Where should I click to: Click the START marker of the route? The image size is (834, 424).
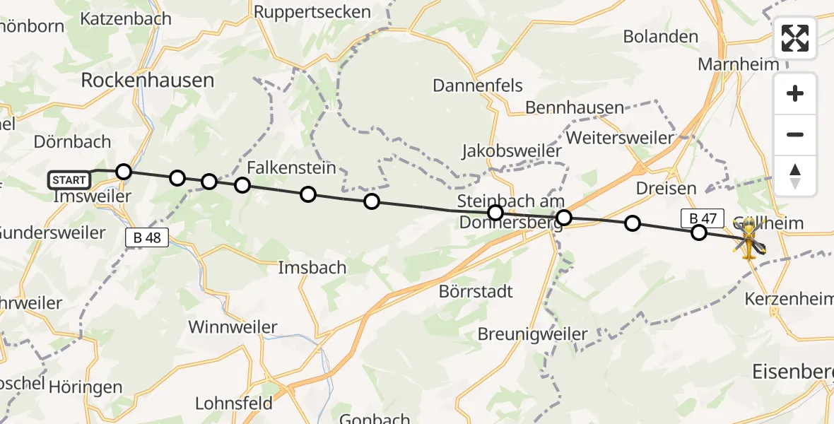click(70, 180)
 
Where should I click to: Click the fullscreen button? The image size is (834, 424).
click(795, 38)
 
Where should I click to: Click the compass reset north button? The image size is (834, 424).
click(795, 176)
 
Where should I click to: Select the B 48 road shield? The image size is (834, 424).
click(147, 238)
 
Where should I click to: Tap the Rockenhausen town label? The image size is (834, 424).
click(147, 81)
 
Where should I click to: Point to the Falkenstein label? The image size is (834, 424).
click(291, 168)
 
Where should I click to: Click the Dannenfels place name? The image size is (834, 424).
click(478, 86)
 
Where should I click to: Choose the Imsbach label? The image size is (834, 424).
click(312, 268)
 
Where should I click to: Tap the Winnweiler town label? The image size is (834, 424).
click(233, 327)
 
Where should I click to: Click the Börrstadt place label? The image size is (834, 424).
click(476, 291)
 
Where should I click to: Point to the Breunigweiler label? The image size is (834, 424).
click(533, 334)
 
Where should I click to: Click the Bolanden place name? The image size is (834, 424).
click(661, 37)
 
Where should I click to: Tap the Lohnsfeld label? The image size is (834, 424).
click(234, 404)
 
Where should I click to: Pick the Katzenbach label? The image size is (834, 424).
click(126, 19)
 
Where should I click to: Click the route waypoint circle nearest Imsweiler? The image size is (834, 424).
click(124, 172)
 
